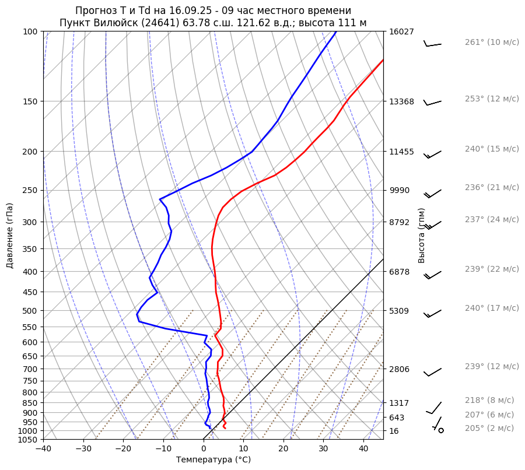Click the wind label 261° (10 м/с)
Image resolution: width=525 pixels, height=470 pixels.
tap(491, 43)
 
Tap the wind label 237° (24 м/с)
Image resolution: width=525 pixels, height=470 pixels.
tap(491, 219)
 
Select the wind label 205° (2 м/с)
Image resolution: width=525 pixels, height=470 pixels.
tap(489, 428)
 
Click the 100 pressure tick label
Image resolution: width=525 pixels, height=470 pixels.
tap(30, 31)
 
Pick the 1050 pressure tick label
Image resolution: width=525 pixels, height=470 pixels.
tap(27, 440)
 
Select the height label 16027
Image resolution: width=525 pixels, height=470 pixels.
tap(401, 31)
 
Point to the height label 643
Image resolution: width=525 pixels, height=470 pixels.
tap(397, 418)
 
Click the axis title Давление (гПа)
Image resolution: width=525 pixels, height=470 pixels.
tap(10, 236)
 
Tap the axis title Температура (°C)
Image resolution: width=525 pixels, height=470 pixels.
tap(213, 460)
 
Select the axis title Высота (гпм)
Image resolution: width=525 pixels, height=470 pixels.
tap(422, 236)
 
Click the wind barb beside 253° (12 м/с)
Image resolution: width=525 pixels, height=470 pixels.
tap(432, 103)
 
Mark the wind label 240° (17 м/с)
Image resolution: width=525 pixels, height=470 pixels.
tap(491, 308)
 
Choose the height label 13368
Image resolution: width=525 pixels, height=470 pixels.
tap(401, 101)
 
